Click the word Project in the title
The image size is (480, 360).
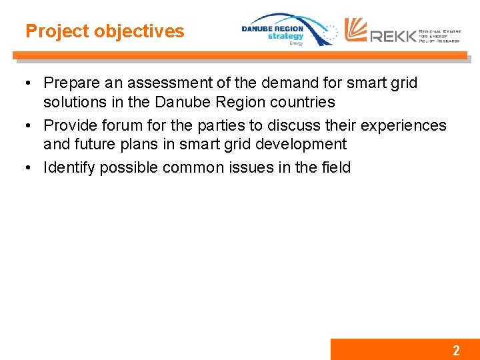[57, 31]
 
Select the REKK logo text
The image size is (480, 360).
[393, 35]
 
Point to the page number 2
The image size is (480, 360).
[456, 350]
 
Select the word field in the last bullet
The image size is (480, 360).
[336, 167]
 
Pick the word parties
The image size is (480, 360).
[222, 125]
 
